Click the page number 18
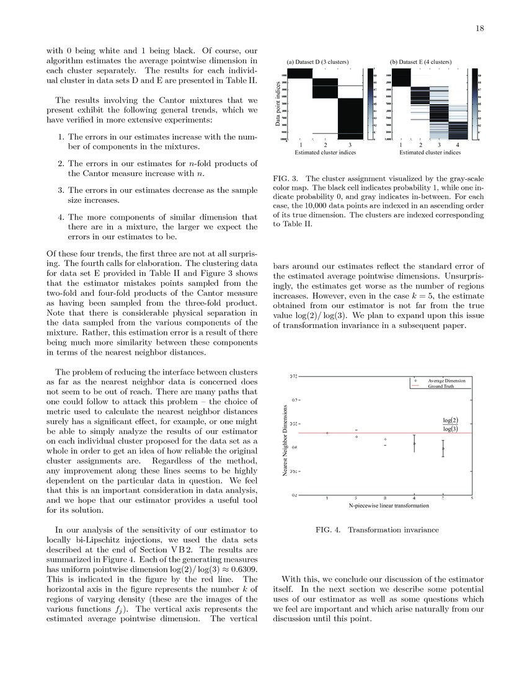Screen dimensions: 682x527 [480, 29]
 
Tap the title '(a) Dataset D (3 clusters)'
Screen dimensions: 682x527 [317, 62]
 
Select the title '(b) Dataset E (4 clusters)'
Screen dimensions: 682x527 [421, 62]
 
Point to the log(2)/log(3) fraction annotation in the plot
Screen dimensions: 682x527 [450, 424]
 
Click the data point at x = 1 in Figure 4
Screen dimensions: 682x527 [327, 433]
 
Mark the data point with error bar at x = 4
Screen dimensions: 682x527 [414, 443]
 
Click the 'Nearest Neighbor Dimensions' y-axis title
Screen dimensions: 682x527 [285, 440]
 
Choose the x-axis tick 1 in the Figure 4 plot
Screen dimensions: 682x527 [327, 498]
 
